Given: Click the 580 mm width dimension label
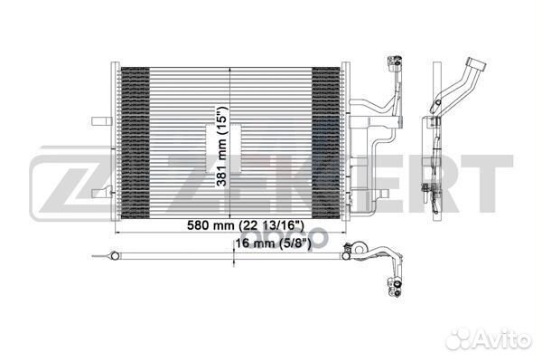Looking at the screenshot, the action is pos(246,225).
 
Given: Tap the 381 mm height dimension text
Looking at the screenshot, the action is pos(222,147).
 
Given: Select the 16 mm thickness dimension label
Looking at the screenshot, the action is pos(274,243).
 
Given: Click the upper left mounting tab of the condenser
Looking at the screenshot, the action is pos(101,121).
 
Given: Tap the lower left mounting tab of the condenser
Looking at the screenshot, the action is pos(102,193).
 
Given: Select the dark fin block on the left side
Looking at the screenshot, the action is pos(135,143).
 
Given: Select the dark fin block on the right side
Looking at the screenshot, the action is pos(326,143).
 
